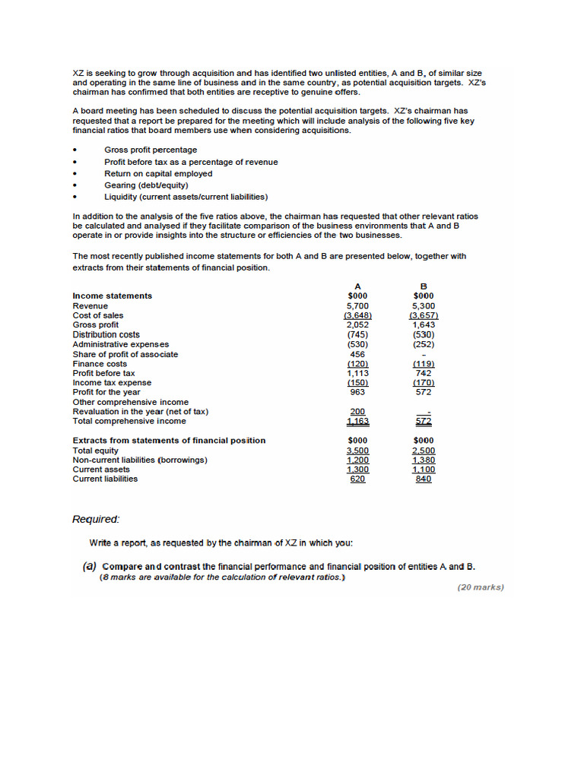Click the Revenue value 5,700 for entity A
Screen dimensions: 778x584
357,305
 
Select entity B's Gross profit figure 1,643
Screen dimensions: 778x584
424,325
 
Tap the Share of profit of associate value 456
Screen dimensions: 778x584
357,354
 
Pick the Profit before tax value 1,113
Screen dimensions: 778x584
357,373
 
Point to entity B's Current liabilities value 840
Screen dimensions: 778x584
424,479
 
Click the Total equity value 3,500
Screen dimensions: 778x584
357,451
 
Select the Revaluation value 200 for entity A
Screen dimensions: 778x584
357,412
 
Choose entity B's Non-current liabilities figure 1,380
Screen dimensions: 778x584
424,460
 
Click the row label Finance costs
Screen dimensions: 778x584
100,364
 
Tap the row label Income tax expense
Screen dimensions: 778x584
112,383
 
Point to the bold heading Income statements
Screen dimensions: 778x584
112,296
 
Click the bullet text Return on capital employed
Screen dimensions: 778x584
158,173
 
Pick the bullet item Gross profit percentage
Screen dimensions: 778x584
151,150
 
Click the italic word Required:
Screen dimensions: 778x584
96,520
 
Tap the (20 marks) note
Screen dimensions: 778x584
481,587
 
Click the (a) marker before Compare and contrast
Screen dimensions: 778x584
90,567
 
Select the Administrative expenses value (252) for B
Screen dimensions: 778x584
424,344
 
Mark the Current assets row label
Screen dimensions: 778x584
101,470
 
